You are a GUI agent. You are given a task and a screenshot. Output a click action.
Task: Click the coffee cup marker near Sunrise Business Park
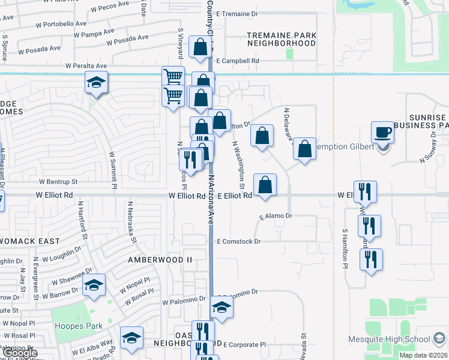(x=382, y=133)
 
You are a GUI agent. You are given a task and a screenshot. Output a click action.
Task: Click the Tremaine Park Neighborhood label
(x=282, y=40)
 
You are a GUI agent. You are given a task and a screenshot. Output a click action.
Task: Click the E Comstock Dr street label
(x=239, y=242)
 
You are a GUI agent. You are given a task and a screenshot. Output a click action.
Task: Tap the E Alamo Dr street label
(x=276, y=216)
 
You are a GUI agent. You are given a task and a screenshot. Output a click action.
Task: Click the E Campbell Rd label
(x=238, y=61)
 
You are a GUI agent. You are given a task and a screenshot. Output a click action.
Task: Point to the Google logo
(x=20, y=353)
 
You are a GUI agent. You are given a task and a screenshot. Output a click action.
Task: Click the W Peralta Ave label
(x=86, y=65)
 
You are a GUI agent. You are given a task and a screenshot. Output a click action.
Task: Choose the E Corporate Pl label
(x=244, y=344)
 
